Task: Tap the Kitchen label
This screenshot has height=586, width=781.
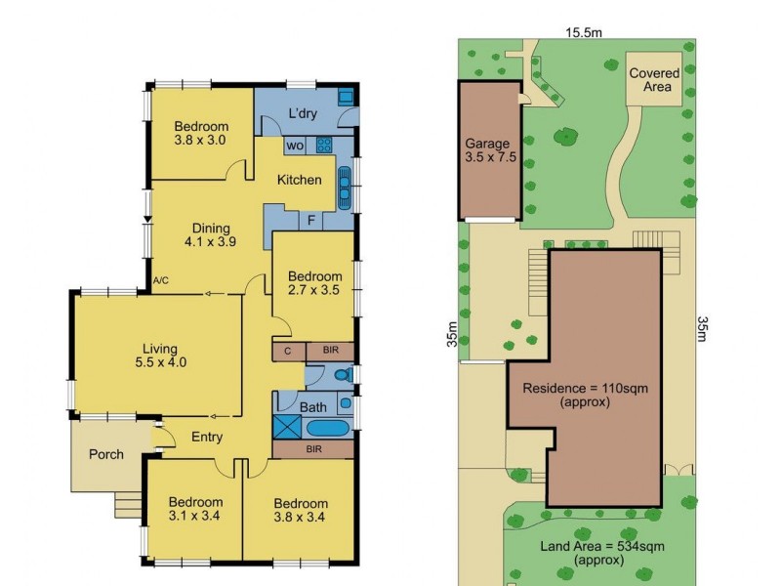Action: click(x=299, y=180)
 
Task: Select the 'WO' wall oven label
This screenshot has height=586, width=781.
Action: click(x=293, y=146)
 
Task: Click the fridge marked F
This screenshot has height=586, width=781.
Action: click(x=310, y=221)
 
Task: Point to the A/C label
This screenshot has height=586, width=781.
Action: click(x=161, y=281)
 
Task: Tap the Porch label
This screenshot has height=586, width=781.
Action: click(x=106, y=454)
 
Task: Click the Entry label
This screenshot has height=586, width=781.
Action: click(x=207, y=438)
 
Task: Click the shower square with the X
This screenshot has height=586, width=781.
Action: click(x=289, y=426)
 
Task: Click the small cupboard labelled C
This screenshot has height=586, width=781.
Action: click(x=288, y=351)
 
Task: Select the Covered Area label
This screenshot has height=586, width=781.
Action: click(x=654, y=80)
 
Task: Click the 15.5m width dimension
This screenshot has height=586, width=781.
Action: click(x=583, y=32)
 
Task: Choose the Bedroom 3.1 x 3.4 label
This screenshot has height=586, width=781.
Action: click(x=192, y=511)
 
